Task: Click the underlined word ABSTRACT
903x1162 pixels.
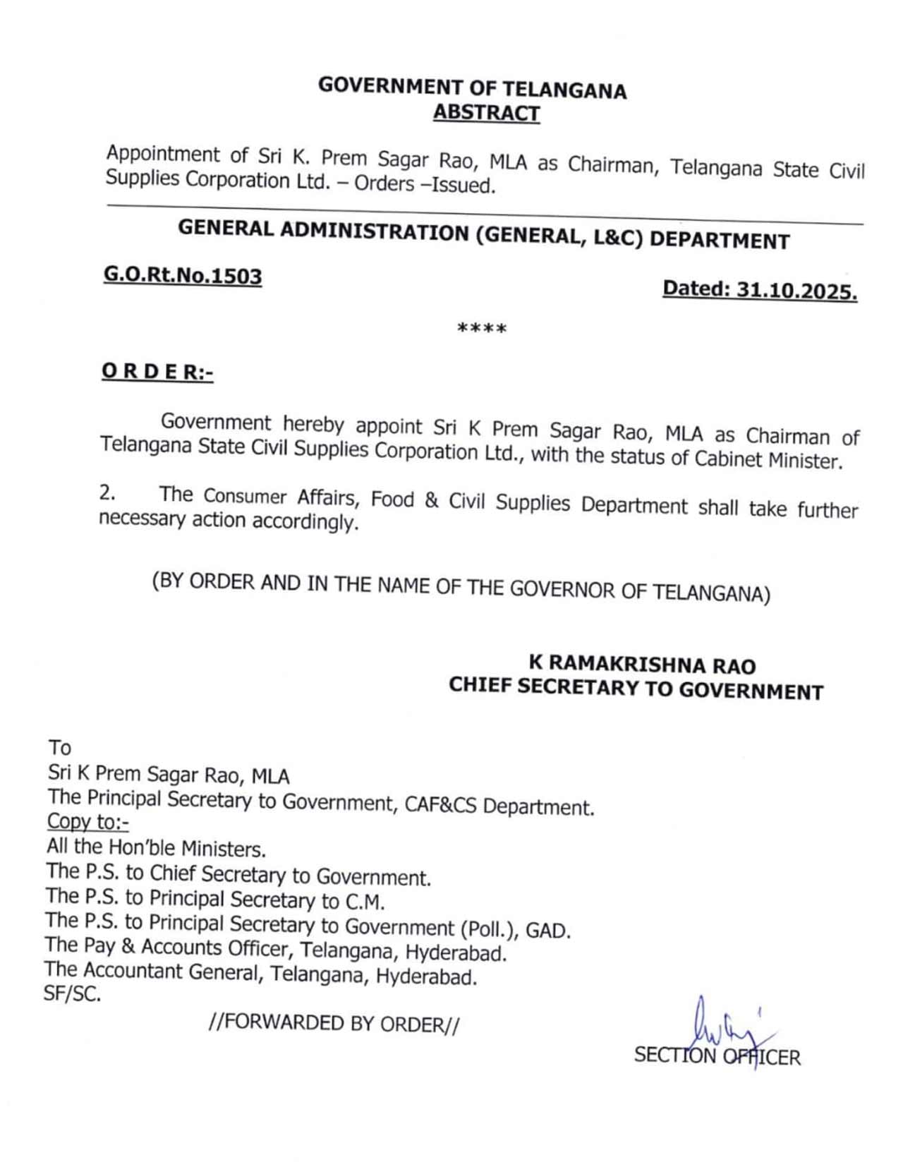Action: [x=486, y=113]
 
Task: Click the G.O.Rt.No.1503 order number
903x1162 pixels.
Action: [x=183, y=275]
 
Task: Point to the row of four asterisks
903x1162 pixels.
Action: [x=482, y=329]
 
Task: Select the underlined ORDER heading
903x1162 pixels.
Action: [x=157, y=371]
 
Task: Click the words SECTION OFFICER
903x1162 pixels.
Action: [x=717, y=1056]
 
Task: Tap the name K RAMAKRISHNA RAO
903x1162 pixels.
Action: [x=642, y=665]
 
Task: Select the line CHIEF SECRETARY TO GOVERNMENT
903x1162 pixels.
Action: [x=636, y=688]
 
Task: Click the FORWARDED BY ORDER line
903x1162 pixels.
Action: [x=334, y=1023]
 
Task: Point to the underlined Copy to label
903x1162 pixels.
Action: [x=87, y=822]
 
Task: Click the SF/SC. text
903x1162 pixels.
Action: [x=72, y=994]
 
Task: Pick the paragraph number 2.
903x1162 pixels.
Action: [x=107, y=493]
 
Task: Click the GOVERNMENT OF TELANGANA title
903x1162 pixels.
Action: [x=472, y=87]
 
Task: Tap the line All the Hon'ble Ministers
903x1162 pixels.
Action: [x=156, y=847]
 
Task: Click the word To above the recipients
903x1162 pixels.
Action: [x=60, y=747]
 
